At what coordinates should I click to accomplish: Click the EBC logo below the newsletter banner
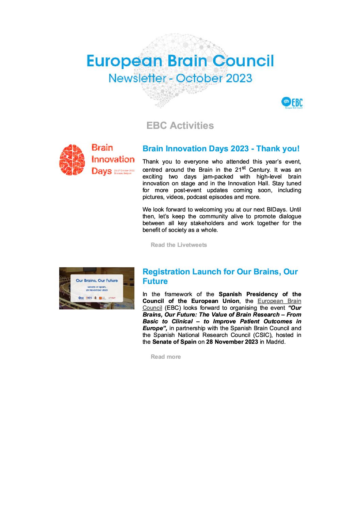292,102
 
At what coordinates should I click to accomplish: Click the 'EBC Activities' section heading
180,125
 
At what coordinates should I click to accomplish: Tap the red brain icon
72,159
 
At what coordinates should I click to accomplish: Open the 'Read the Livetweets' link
179,245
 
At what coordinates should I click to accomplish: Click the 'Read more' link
166,357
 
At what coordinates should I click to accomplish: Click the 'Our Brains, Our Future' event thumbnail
97,288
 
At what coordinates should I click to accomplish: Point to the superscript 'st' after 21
243,168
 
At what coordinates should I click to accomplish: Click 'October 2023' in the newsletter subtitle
214,78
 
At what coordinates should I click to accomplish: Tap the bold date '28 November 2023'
232,342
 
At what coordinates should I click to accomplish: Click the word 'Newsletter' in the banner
137,78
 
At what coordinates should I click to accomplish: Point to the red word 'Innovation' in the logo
113,159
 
